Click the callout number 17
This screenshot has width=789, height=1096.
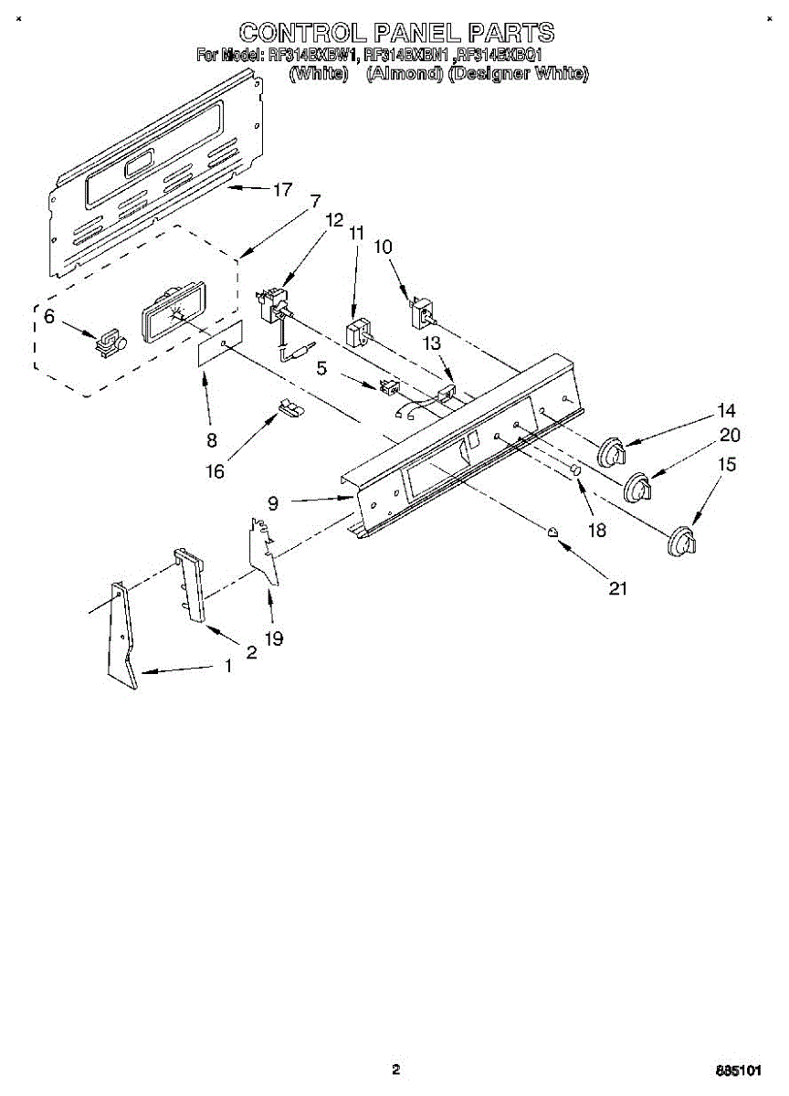point(282,190)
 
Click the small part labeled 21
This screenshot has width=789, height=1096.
point(552,532)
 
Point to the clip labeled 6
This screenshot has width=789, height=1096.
point(109,342)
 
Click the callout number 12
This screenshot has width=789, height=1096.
point(333,220)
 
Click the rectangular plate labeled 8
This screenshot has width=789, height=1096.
point(221,345)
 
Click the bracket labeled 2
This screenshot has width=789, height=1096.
point(189,584)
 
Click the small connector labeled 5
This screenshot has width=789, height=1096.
point(390,387)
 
